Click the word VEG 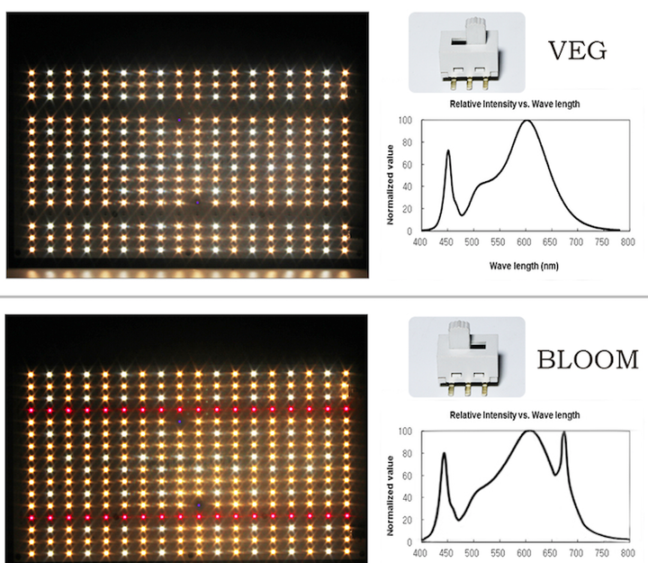tap(577, 50)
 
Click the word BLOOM tap(588, 359)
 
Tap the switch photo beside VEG tap(466, 52)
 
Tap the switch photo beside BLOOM tap(466, 358)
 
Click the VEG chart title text tap(515, 104)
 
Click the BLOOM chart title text tap(515, 415)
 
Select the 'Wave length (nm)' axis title tap(524, 266)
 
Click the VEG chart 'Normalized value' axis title tap(390, 185)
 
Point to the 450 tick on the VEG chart tap(445, 242)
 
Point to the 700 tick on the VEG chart tap(576, 242)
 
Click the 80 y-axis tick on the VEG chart tap(407, 142)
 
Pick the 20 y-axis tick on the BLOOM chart tap(407, 520)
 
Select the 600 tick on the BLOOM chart tap(524, 553)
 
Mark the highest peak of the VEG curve tap(526, 121)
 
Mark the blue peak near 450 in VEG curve tap(448, 151)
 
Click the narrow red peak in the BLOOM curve tap(564, 432)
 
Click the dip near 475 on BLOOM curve tap(459, 520)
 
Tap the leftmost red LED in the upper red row tap(31, 411)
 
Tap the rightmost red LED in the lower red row tap(346, 516)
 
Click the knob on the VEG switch tap(477, 28)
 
